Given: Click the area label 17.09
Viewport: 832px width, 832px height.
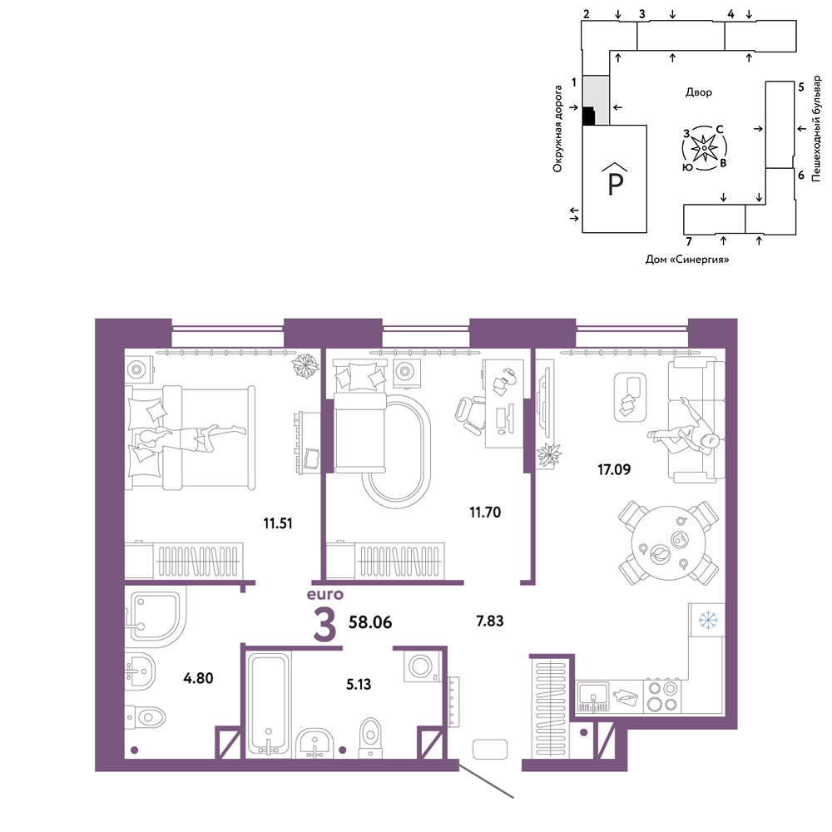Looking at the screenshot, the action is click(614, 469).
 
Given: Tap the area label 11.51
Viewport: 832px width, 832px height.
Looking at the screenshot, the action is click(278, 523).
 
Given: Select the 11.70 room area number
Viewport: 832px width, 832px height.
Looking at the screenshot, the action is click(485, 513).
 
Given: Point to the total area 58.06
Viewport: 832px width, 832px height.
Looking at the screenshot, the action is click(370, 622).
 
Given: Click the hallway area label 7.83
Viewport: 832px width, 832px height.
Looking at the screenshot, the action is click(490, 621).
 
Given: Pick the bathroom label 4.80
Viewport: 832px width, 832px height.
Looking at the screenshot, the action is click(198, 677).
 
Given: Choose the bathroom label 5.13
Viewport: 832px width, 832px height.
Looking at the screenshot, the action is click(359, 685).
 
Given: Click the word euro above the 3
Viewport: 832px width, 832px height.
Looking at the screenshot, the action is click(324, 594).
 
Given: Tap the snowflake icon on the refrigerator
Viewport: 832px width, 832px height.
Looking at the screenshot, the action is click(707, 620).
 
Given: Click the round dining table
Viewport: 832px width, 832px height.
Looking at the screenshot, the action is click(668, 543).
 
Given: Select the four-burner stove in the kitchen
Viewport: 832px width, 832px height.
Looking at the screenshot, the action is click(663, 696).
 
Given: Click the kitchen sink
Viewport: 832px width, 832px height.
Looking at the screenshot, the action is click(592, 696).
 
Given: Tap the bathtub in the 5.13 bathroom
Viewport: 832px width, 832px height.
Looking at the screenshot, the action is click(269, 704).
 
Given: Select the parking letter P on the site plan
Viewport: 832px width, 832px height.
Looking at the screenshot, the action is click(615, 184).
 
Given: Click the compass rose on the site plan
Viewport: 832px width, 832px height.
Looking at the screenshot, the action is click(704, 148).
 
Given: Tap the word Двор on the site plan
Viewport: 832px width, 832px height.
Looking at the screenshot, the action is click(698, 92).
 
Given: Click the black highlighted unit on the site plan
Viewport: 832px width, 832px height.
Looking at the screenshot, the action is click(587, 116).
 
